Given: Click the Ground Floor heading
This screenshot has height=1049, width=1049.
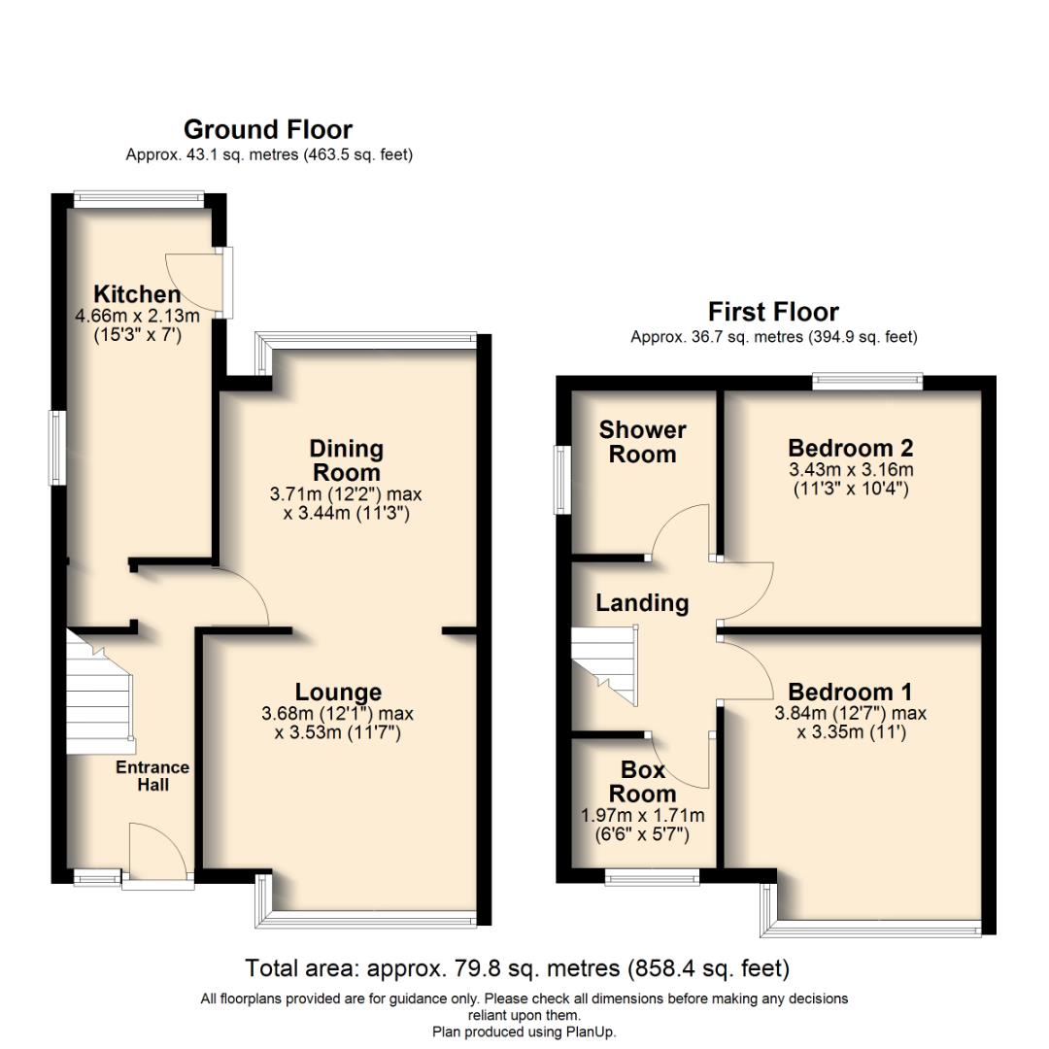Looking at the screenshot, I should [268, 129].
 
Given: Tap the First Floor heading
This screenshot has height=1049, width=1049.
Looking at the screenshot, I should [773, 312].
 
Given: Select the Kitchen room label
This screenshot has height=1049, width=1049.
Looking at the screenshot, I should [137, 293].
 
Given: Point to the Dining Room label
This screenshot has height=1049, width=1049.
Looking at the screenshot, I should [346, 460].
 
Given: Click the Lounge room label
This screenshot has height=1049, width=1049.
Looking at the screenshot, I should [338, 692].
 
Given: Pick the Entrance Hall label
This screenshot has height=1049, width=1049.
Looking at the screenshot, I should [152, 775].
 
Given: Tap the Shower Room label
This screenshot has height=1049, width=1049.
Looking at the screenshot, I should [642, 442].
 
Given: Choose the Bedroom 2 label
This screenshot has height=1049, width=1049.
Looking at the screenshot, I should [850, 448].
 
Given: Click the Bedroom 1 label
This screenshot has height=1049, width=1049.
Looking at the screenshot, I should [850, 692].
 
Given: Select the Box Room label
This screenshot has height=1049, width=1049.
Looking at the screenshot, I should [643, 782].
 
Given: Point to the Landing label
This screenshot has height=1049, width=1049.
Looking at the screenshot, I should [642, 602].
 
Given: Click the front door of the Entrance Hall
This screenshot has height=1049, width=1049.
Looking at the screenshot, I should [157, 856].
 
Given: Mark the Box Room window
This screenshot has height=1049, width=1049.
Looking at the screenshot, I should [652, 877].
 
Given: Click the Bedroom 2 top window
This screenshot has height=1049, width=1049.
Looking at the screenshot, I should [866, 382].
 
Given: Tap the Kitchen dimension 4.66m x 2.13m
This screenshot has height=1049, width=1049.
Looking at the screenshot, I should [137, 316].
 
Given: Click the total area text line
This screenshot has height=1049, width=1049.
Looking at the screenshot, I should [517, 968].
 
